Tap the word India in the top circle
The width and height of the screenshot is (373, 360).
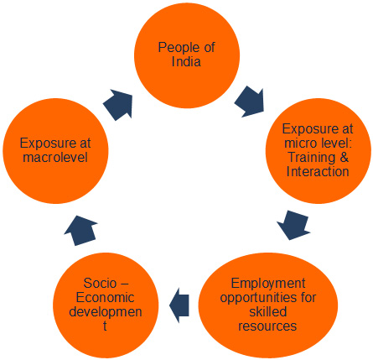coord(186,61)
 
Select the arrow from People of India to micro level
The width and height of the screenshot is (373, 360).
coord(250,102)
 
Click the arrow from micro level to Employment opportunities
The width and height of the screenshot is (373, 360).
coord(293,225)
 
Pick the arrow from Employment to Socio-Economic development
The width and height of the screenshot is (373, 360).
coord(179,305)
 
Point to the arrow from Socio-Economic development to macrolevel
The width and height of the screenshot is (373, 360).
coord(81,231)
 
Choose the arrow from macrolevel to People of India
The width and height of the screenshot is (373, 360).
coord(118,105)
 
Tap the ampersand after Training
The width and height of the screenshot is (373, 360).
coord(345,157)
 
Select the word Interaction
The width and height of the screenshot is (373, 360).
coord(318,171)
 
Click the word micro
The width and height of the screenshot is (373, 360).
coord(299,143)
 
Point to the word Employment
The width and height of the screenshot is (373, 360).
coord(268,284)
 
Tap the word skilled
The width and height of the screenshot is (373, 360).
coord(268,311)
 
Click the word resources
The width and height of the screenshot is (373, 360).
coord(267,326)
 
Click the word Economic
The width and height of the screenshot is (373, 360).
coord(105,297)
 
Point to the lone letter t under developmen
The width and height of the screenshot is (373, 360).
coord(105,326)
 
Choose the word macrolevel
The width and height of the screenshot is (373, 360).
coord(55,157)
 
